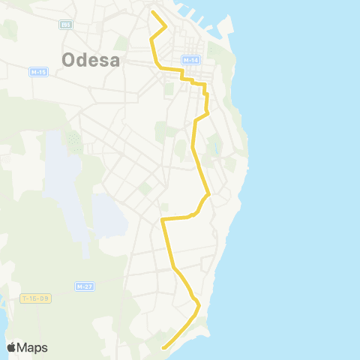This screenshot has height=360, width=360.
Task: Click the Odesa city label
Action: tap(90, 59)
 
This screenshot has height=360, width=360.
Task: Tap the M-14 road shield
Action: tap(190, 60)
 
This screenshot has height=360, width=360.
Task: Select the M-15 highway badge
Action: tap(39, 72)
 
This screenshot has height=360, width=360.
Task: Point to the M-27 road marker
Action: tap(84, 286)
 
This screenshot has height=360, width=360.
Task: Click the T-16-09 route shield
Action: tap(35, 298)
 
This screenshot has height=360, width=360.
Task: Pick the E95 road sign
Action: tap(65, 24)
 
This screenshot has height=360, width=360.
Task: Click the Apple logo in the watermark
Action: tap(12, 347)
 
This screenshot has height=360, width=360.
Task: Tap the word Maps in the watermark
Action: tap(34, 347)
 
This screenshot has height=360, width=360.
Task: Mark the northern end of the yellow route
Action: tap(152, 11)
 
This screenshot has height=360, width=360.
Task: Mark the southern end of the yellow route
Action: tap(163, 347)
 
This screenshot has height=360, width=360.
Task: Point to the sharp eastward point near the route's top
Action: tap(166, 26)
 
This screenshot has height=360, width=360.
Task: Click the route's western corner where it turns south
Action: tap(162, 219)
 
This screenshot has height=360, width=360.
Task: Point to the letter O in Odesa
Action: tap(70, 60)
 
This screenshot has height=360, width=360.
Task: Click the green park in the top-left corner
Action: tap(9, 30)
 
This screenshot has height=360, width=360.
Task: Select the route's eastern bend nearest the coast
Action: tap(209, 195)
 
